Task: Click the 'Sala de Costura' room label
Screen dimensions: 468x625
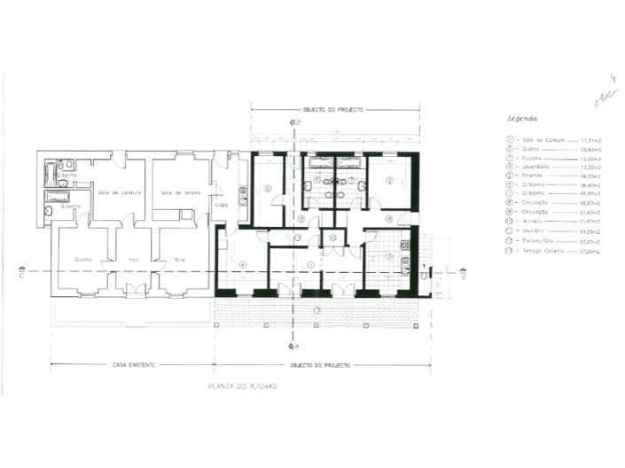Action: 115,192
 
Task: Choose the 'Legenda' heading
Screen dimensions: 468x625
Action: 520,118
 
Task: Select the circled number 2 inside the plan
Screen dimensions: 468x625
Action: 388,181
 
